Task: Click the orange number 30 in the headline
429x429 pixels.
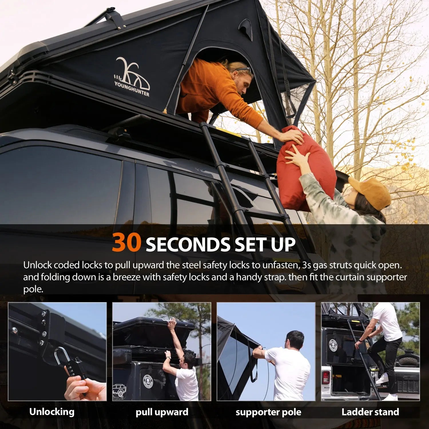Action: (x=126, y=243)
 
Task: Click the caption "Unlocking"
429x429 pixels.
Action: (x=52, y=412)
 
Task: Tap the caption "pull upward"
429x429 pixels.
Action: (x=162, y=412)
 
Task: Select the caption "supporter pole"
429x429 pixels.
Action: (x=268, y=412)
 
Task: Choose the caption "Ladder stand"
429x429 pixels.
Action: (x=370, y=412)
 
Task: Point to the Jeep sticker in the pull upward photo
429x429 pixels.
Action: (x=120, y=390)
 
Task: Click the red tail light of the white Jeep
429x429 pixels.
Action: (x=326, y=378)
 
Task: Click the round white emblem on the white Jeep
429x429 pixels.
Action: (x=333, y=345)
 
